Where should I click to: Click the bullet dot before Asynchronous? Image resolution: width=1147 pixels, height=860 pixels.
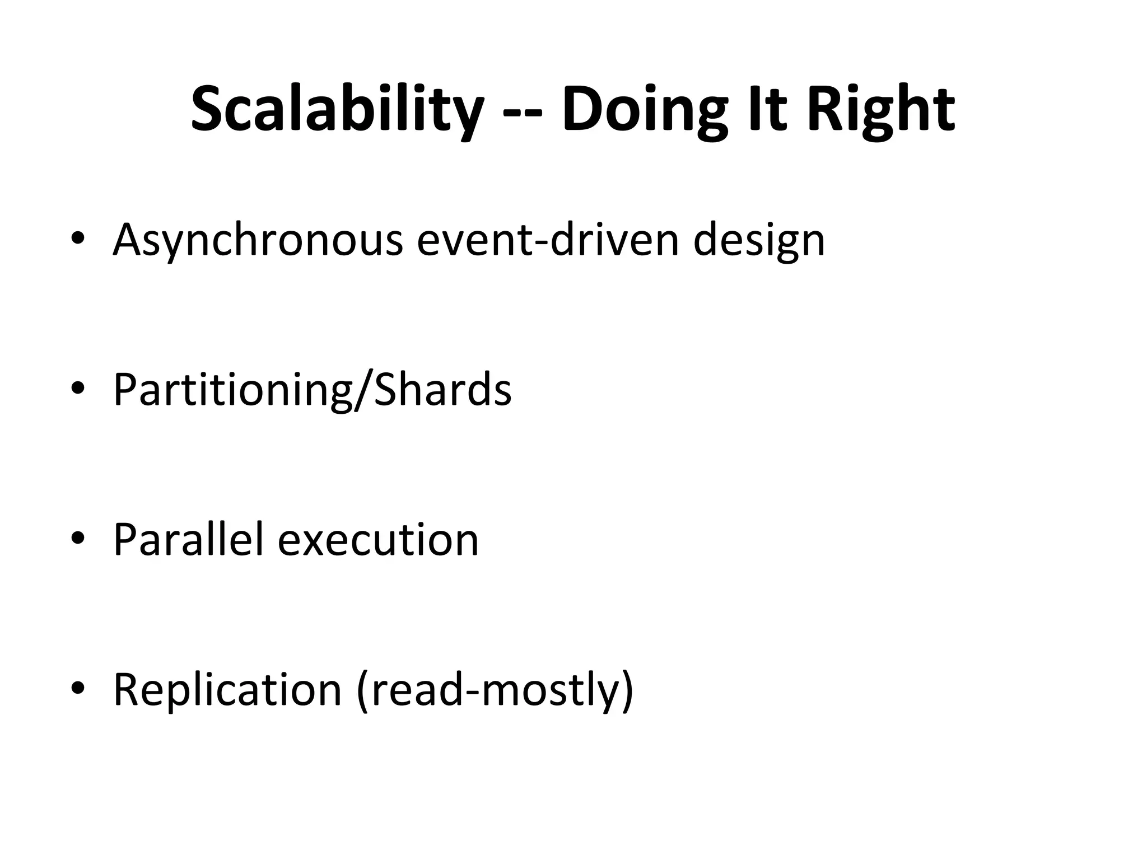click(78, 239)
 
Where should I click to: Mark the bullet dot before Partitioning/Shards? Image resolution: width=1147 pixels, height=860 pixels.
click(78, 389)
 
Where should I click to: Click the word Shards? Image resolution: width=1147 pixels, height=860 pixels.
click(442, 389)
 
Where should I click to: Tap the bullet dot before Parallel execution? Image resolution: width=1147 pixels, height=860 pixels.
click(78, 539)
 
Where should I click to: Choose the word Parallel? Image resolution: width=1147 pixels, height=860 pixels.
click(188, 539)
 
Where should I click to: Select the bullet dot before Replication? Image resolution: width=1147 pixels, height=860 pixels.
click(78, 689)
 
